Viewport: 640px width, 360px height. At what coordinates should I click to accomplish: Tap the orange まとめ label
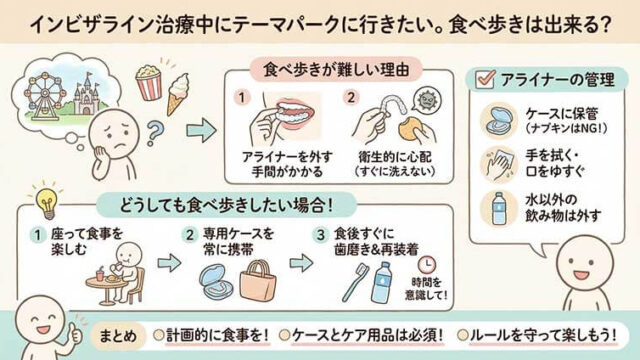[x=111, y=334]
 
